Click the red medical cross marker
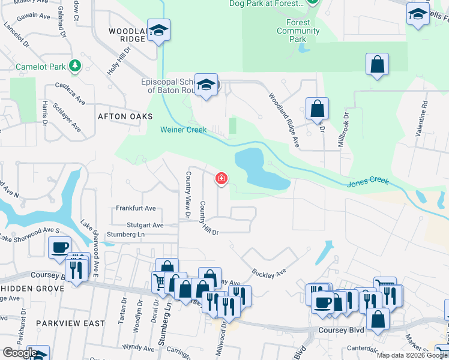221,178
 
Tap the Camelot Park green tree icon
75,65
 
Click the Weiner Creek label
183,130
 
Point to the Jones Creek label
368,181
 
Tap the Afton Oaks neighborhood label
125,116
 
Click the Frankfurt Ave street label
136,208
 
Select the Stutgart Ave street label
142,225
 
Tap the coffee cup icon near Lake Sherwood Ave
59,247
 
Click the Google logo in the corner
19,353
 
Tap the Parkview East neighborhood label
62,323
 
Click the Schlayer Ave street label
67,116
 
